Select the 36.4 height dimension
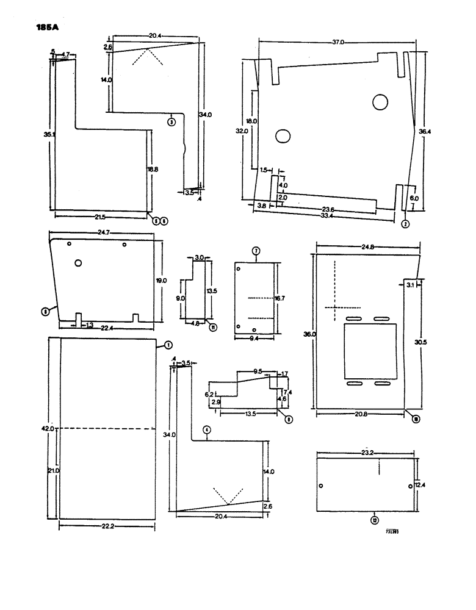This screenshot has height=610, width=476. tap(424, 130)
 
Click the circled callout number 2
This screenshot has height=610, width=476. tap(405, 223)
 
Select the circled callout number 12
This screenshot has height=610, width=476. tap(373, 519)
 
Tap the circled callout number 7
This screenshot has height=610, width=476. tap(256, 251)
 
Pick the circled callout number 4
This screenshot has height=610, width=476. tap(207, 430)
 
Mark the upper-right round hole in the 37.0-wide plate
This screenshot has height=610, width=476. tap(381, 101)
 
